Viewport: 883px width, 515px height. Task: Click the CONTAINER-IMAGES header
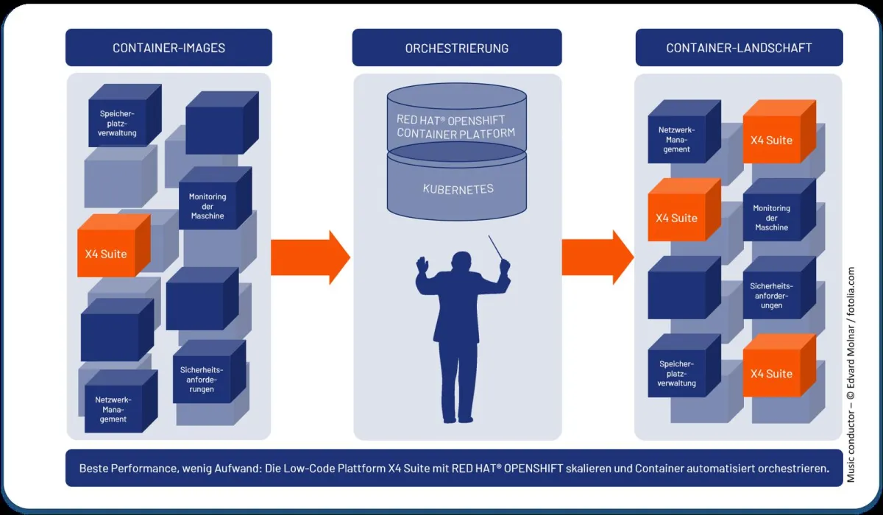[x=169, y=48]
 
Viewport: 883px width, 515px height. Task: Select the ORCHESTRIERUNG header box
[x=456, y=48]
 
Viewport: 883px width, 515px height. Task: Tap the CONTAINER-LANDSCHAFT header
[x=739, y=48]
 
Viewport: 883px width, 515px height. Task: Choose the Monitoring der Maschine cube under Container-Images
[x=208, y=206]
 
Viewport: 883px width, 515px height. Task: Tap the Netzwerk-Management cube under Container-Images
[x=111, y=408]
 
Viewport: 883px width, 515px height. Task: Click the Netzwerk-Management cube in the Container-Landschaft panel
[x=675, y=139]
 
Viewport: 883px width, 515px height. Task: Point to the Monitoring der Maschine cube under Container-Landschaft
[x=770, y=218]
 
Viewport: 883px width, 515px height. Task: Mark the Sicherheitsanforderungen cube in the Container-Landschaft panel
[x=770, y=294]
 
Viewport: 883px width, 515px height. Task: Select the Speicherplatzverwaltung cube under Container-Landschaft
[x=675, y=373]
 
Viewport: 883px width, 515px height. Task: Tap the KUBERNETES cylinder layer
[x=458, y=190]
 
